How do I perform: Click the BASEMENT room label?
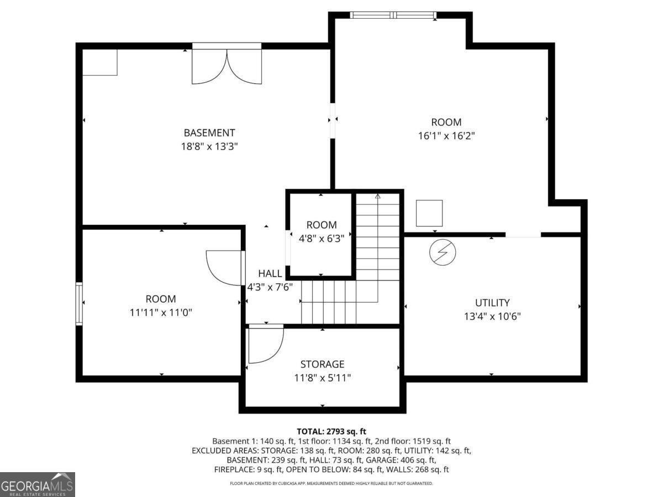[209, 133]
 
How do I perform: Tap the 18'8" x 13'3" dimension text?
[209, 147]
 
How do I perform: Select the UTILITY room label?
[492, 303]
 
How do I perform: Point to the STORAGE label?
[322, 364]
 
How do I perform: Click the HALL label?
[270, 273]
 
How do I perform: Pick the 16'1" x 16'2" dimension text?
[446, 136]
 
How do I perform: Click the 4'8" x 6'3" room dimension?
[322, 239]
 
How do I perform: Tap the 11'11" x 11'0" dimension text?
[161, 313]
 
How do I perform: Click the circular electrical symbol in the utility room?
[443, 252]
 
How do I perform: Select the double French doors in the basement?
[227, 64]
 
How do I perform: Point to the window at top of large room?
[393, 15]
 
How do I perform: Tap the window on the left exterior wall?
[79, 304]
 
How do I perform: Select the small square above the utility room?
[429, 213]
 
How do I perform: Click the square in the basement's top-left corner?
[100, 62]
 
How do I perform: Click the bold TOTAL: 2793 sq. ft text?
[331, 431]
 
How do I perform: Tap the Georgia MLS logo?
[38, 484]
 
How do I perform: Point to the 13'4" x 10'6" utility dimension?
[492, 316]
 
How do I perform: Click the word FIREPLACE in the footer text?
[234, 469]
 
